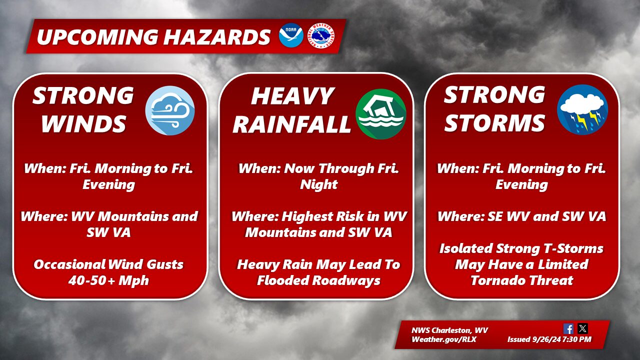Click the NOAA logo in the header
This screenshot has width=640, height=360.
[291, 35]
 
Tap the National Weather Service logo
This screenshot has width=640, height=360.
[321, 35]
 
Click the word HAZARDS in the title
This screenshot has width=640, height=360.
[217, 37]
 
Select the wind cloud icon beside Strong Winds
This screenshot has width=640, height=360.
[170, 110]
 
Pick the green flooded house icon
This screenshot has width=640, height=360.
[381, 113]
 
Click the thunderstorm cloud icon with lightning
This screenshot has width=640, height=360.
[582, 109]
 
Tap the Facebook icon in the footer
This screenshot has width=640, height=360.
[568, 329]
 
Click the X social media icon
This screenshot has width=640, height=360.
[582, 328]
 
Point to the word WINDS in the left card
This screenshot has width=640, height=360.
[83, 123]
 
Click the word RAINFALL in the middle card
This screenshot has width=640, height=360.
[291, 124]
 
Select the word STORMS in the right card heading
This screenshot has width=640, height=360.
[494, 123]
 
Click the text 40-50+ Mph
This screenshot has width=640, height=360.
[109, 280]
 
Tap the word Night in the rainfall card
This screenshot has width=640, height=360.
[319, 184]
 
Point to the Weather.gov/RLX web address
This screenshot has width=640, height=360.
[444, 339]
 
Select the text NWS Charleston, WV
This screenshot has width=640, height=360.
[449, 330]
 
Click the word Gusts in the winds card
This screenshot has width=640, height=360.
[165, 264]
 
